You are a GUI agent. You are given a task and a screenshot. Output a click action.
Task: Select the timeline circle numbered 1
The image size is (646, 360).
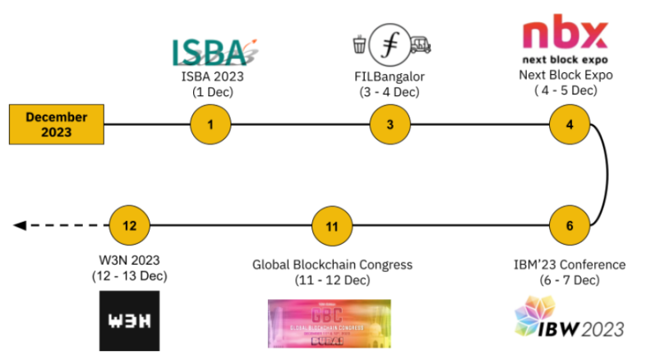210,124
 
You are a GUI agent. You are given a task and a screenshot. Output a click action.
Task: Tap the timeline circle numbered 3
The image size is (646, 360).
390,124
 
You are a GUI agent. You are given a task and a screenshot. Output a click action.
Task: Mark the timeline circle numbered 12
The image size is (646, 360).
130,224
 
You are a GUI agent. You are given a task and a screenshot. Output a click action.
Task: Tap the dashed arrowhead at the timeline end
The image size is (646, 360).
21,224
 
